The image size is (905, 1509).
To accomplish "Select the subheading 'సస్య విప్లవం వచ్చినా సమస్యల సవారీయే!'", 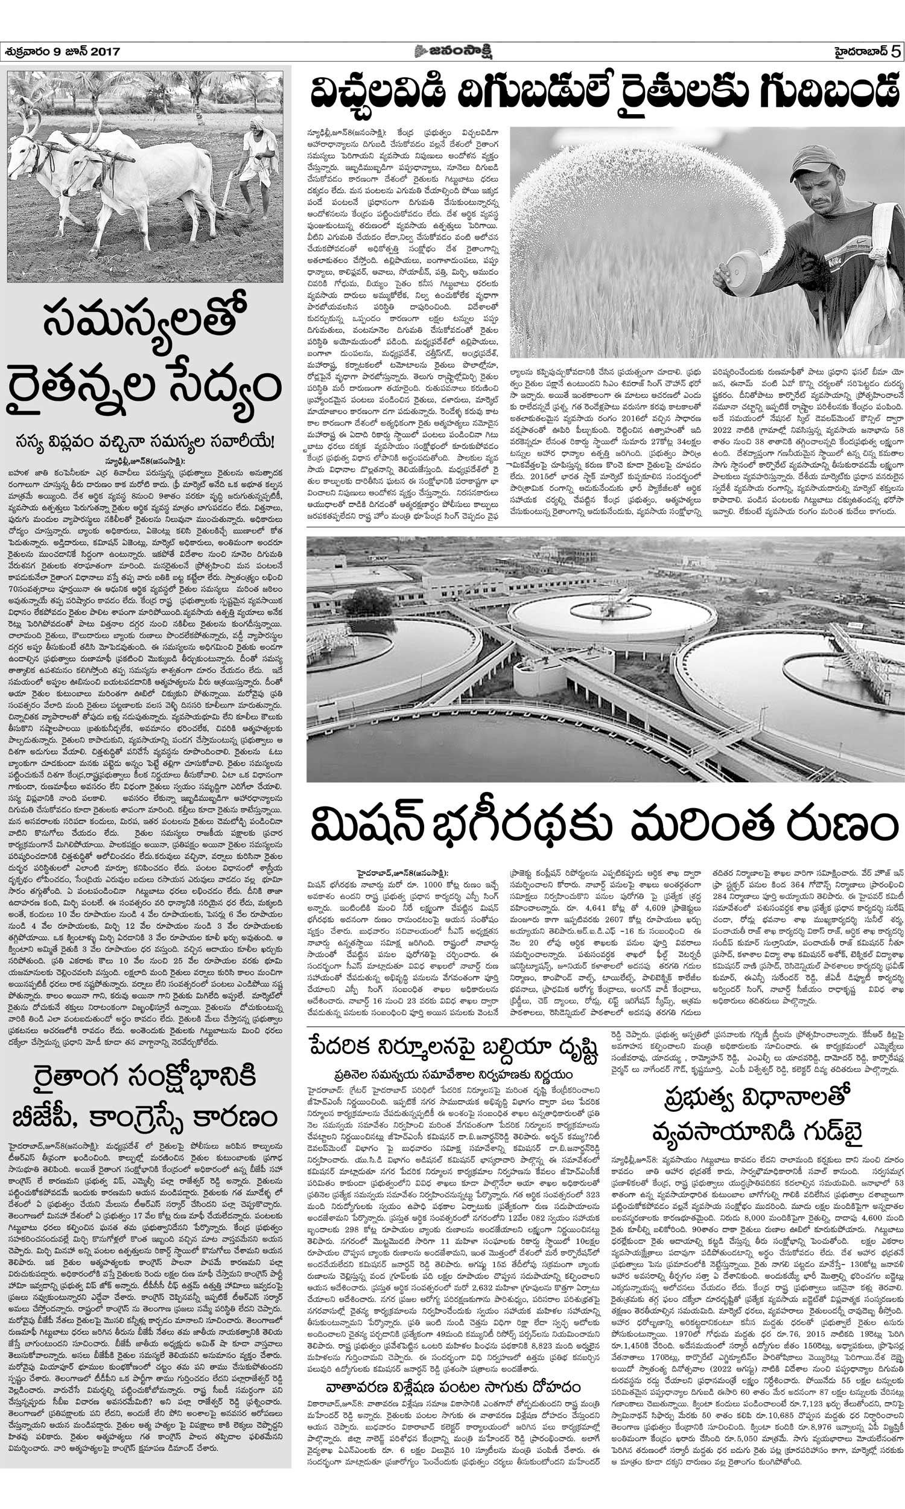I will click(x=145, y=442).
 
